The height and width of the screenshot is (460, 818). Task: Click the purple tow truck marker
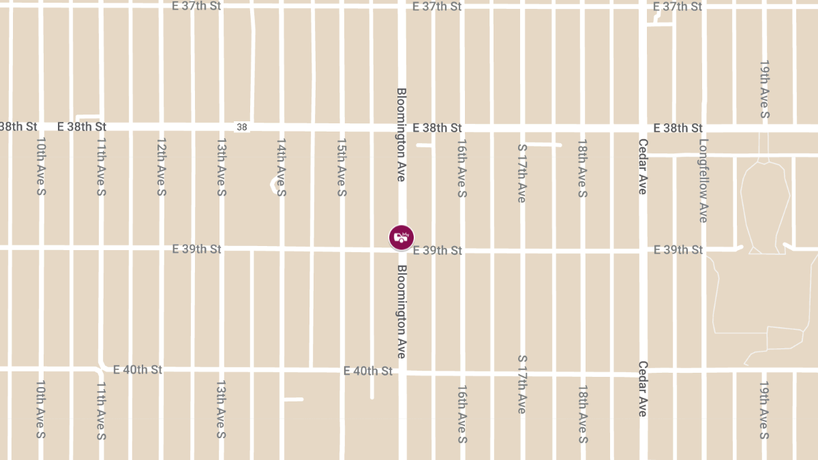pos(402,237)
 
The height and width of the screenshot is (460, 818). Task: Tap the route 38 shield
pos(242,127)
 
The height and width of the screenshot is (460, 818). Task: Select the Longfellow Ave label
pos(703,181)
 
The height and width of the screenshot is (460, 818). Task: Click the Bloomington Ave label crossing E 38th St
pos(402,134)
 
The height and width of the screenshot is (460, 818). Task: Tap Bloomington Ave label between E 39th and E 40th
pos(402,312)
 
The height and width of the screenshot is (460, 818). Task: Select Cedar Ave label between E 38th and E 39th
pos(642,167)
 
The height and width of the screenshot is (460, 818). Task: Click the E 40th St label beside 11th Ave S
pos(138,369)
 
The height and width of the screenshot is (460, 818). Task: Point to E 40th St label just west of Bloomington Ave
pos(368,371)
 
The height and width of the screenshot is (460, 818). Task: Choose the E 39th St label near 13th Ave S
pos(197,249)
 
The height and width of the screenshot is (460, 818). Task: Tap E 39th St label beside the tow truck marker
pos(438,251)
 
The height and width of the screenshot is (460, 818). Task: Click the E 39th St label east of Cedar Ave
pos(678,250)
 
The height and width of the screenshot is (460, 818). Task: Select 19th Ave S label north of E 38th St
pos(764,89)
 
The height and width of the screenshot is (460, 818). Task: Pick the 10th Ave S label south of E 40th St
pos(40,410)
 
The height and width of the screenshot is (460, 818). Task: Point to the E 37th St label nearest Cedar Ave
pos(678,7)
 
